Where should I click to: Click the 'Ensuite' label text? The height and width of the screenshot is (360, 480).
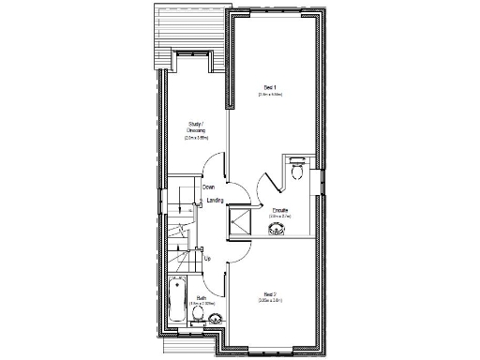pos(280,209)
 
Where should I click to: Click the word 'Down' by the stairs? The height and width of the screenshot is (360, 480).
pos(208,187)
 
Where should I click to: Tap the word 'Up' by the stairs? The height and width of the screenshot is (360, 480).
pos(207,259)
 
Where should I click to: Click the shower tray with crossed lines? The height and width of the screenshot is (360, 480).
pos(242,221)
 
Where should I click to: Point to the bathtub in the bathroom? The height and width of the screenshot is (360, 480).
pos(177,301)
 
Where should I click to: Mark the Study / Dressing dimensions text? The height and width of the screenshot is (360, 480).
pos(196,138)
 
